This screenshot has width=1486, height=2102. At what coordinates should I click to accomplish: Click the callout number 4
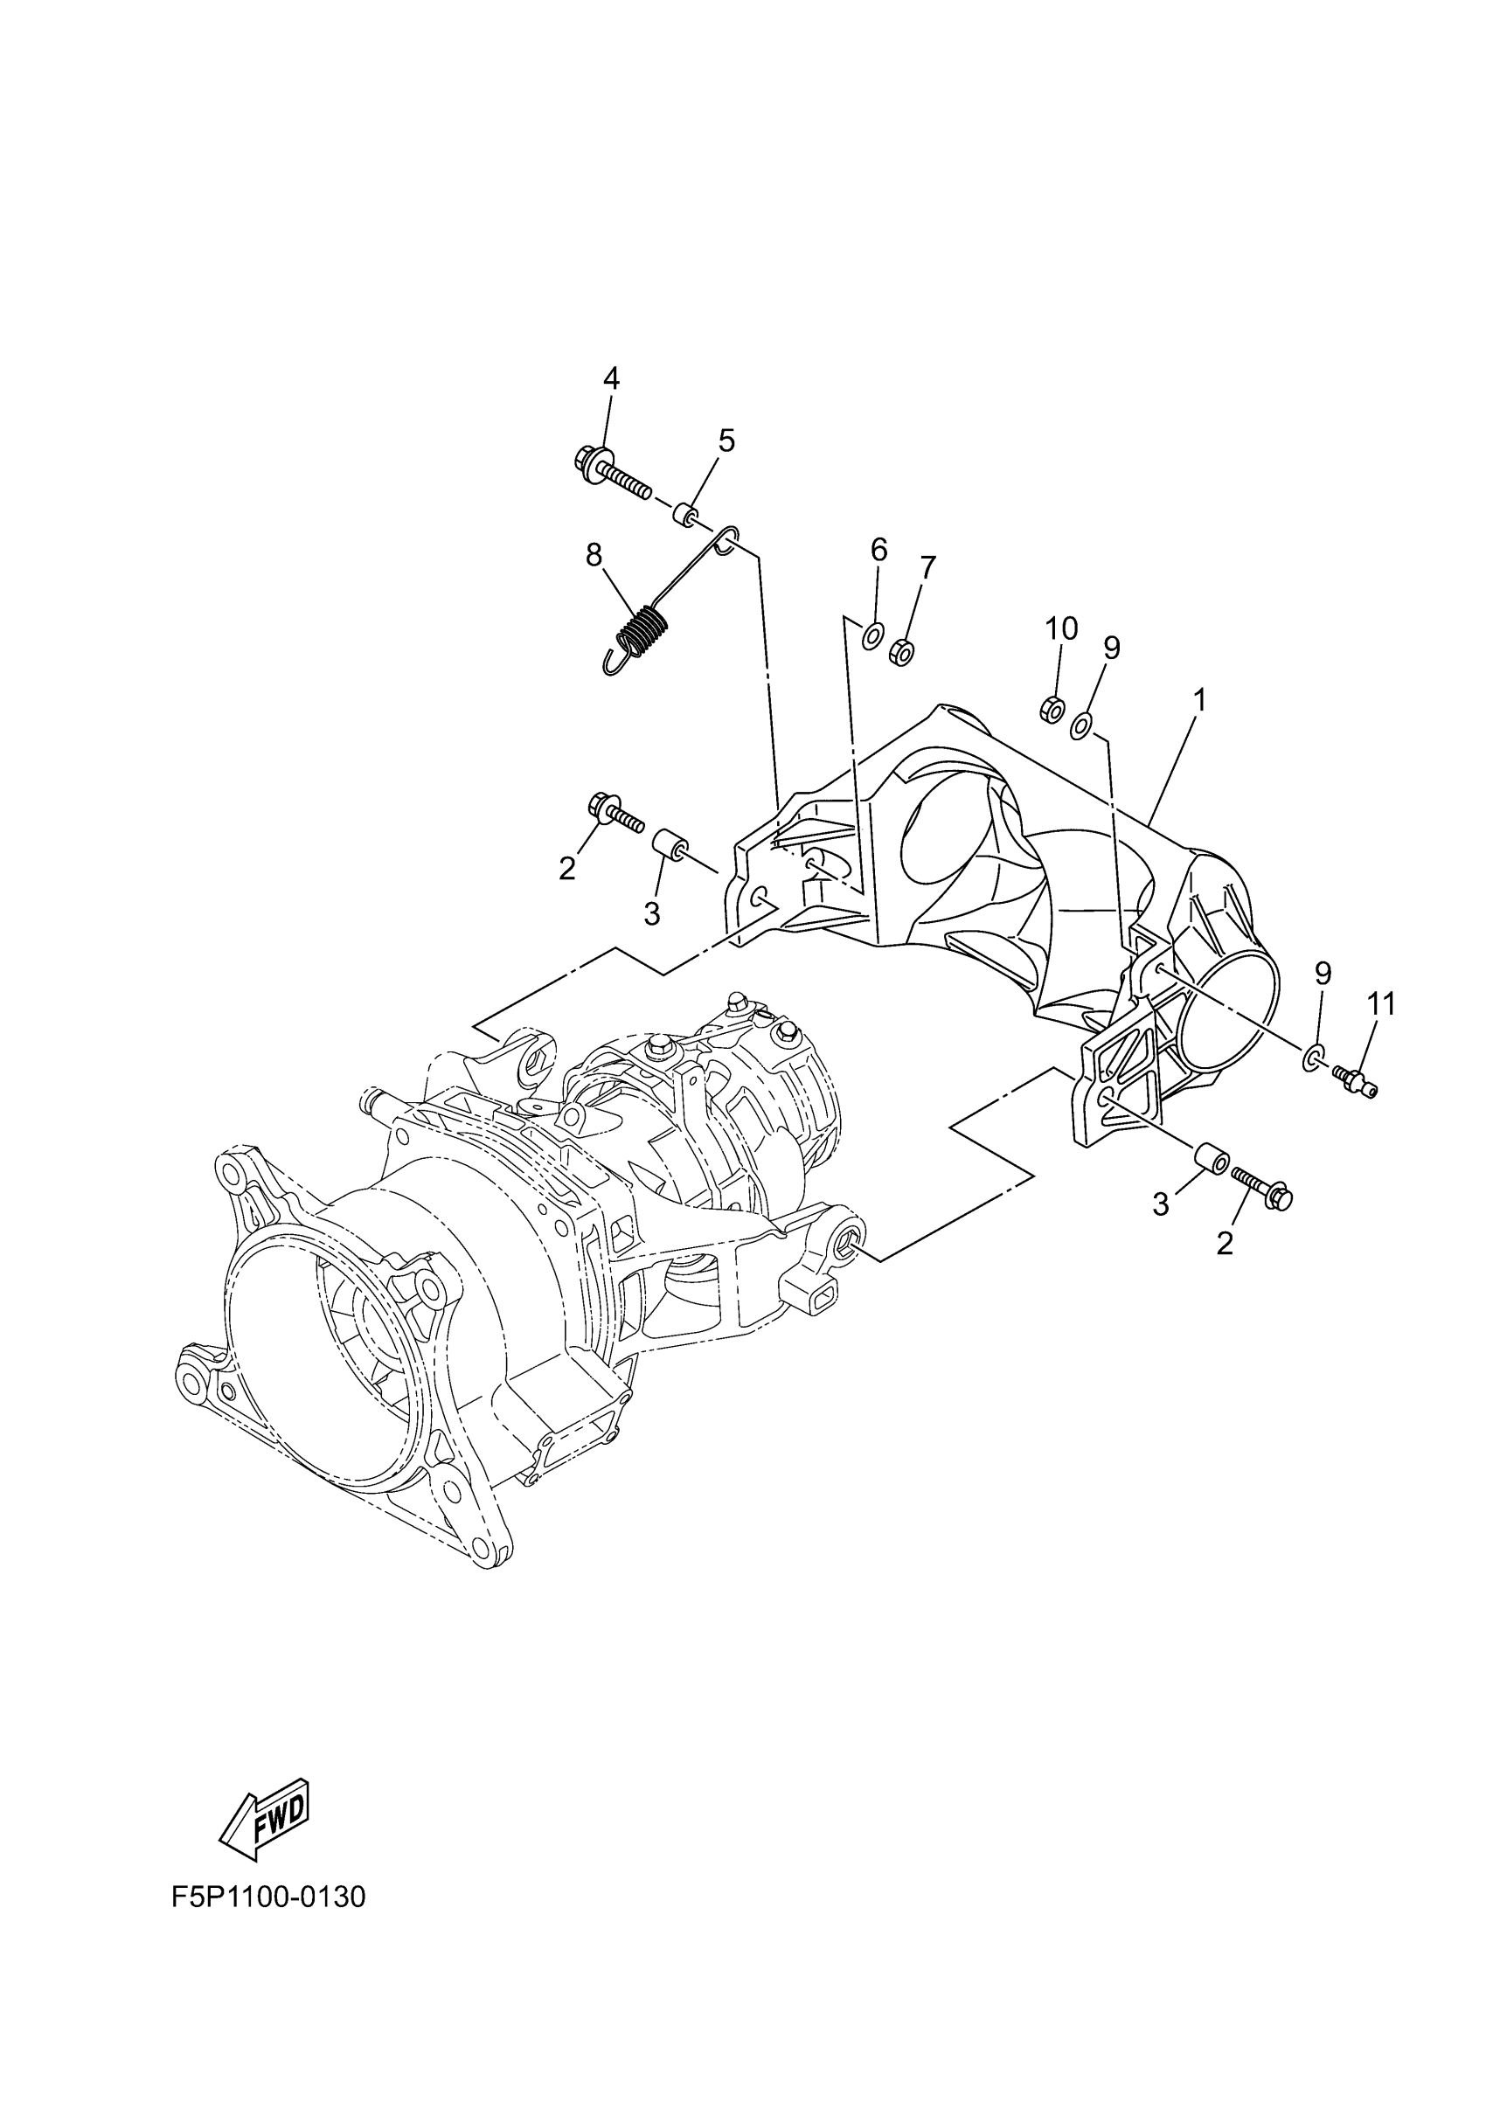tap(611, 378)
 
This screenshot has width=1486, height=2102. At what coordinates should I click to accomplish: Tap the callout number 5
tap(726, 441)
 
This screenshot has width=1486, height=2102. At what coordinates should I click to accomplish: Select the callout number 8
tap(594, 554)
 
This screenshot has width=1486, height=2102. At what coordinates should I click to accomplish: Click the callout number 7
tap(927, 567)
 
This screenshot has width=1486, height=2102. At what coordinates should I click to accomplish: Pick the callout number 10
tap(1061, 629)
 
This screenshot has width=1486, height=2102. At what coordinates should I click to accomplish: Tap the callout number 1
tap(1198, 700)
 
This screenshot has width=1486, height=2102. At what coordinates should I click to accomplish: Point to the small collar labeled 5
tap(684, 515)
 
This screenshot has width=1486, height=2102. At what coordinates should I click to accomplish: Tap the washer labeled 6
tap(873, 634)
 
